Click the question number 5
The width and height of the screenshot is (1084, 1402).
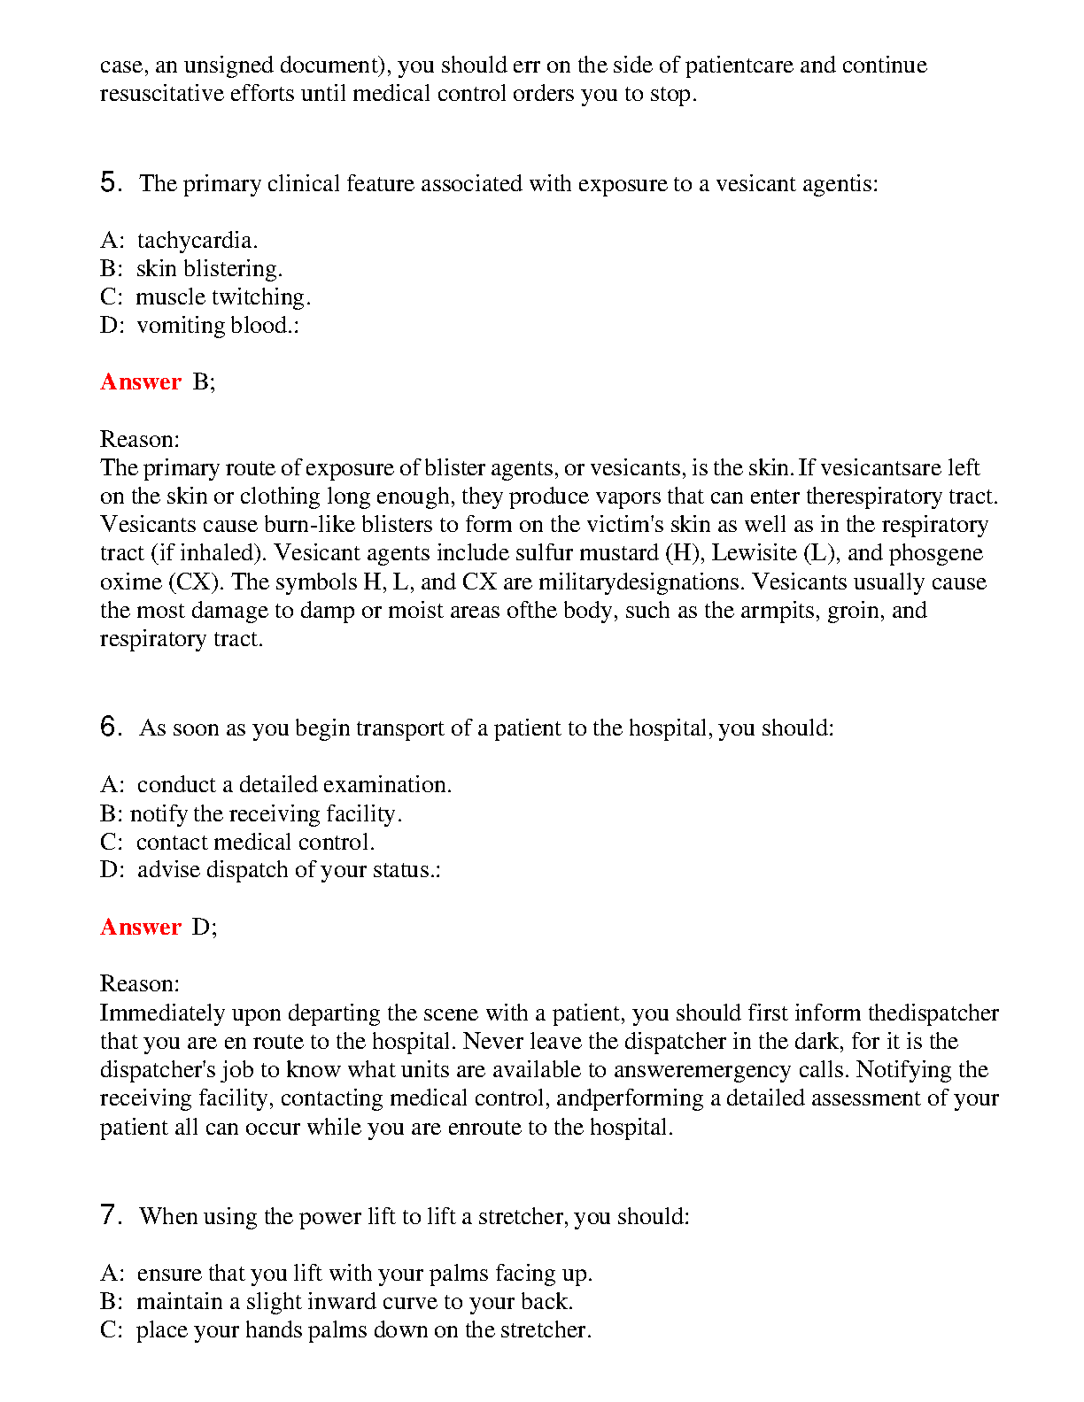(110, 183)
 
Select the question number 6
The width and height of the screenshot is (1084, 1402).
(110, 728)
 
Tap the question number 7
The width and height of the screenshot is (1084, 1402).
(110, 1215)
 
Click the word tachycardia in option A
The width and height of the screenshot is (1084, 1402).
(197, 241)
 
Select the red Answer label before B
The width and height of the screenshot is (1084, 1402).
(141, 381)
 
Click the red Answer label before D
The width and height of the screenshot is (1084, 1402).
(141, 927)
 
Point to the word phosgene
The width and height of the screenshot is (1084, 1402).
(936, 553)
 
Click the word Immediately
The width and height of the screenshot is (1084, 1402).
(162, 1013)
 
